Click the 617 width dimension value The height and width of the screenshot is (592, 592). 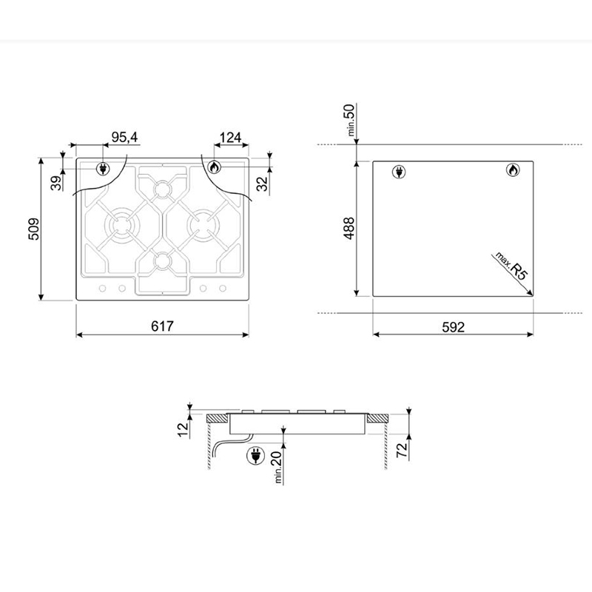[x=162, y=326]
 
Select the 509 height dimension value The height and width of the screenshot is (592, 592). [x=33, y=229]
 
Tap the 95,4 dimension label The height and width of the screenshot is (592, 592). [x=124, y=138]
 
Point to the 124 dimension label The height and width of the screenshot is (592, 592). [x=230, y=138]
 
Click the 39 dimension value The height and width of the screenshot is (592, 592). [x=56, y=183]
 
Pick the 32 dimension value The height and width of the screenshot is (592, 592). [x=262, y=184]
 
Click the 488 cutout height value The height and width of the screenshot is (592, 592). [x=349, y=228]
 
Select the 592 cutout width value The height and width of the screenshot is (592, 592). [x=453, y=327]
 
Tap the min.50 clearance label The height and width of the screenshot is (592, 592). [x=349, y=120]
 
